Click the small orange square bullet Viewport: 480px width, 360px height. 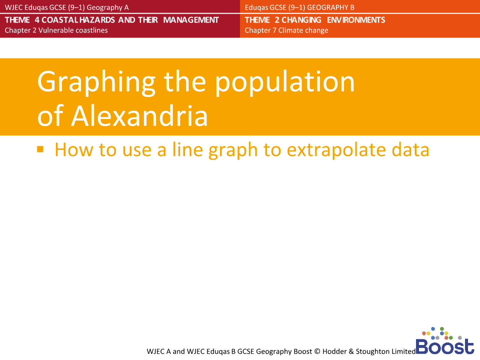(x=40, y=148)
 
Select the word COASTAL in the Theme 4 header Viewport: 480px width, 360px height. (x=63, y=20)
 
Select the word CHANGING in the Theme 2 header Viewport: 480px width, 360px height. (x=301, y=20)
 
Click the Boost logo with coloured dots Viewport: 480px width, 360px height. (x=444, y=341)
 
